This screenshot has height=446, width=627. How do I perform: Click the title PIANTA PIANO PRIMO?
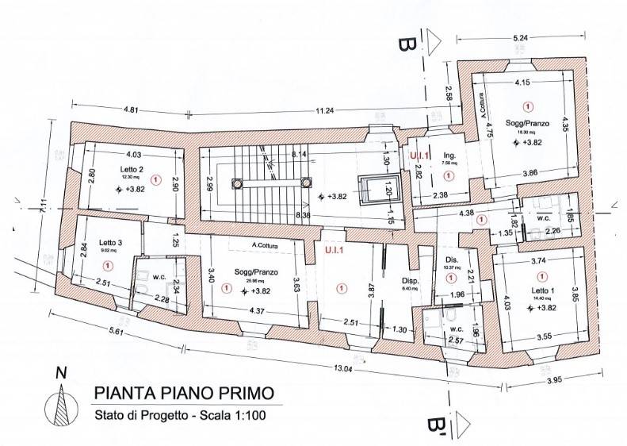click(x=185, y=392)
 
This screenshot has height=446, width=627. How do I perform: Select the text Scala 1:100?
click(x=243, y=413)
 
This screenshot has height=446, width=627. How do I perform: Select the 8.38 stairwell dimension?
click(x=299, y=214)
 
